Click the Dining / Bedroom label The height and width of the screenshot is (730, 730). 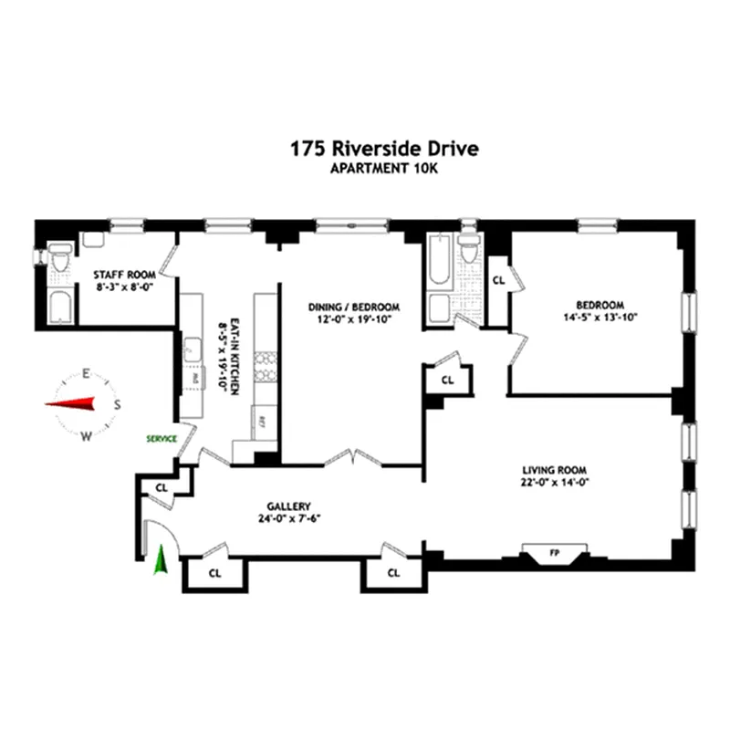[x=354, y=307]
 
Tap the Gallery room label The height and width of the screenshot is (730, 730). [x=290, y=506]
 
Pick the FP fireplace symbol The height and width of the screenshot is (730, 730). [x=553, y=553]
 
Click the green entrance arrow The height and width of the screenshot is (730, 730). [x=162, y=559]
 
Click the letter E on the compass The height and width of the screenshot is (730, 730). [x=85, y=373]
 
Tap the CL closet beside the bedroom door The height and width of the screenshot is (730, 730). [x=498, y=280]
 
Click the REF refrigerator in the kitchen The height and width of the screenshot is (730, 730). [x=262, y=422]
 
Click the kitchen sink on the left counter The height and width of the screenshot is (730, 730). [x=193, y=348]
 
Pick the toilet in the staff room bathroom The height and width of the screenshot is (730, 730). [x=59, y=261]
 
